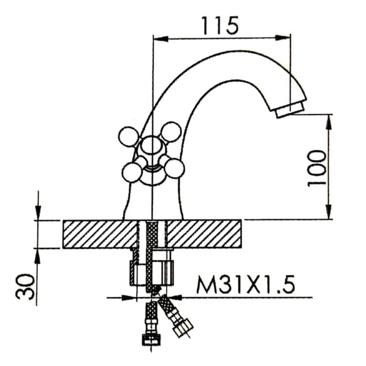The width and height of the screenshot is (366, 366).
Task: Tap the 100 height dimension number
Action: [x=317, y=168]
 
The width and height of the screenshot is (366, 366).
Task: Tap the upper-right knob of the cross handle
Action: [x=172, y=132]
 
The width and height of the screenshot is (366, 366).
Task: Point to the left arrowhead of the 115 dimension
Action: [x=160, y=38]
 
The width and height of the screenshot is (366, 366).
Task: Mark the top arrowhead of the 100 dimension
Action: [x=329, y=121]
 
